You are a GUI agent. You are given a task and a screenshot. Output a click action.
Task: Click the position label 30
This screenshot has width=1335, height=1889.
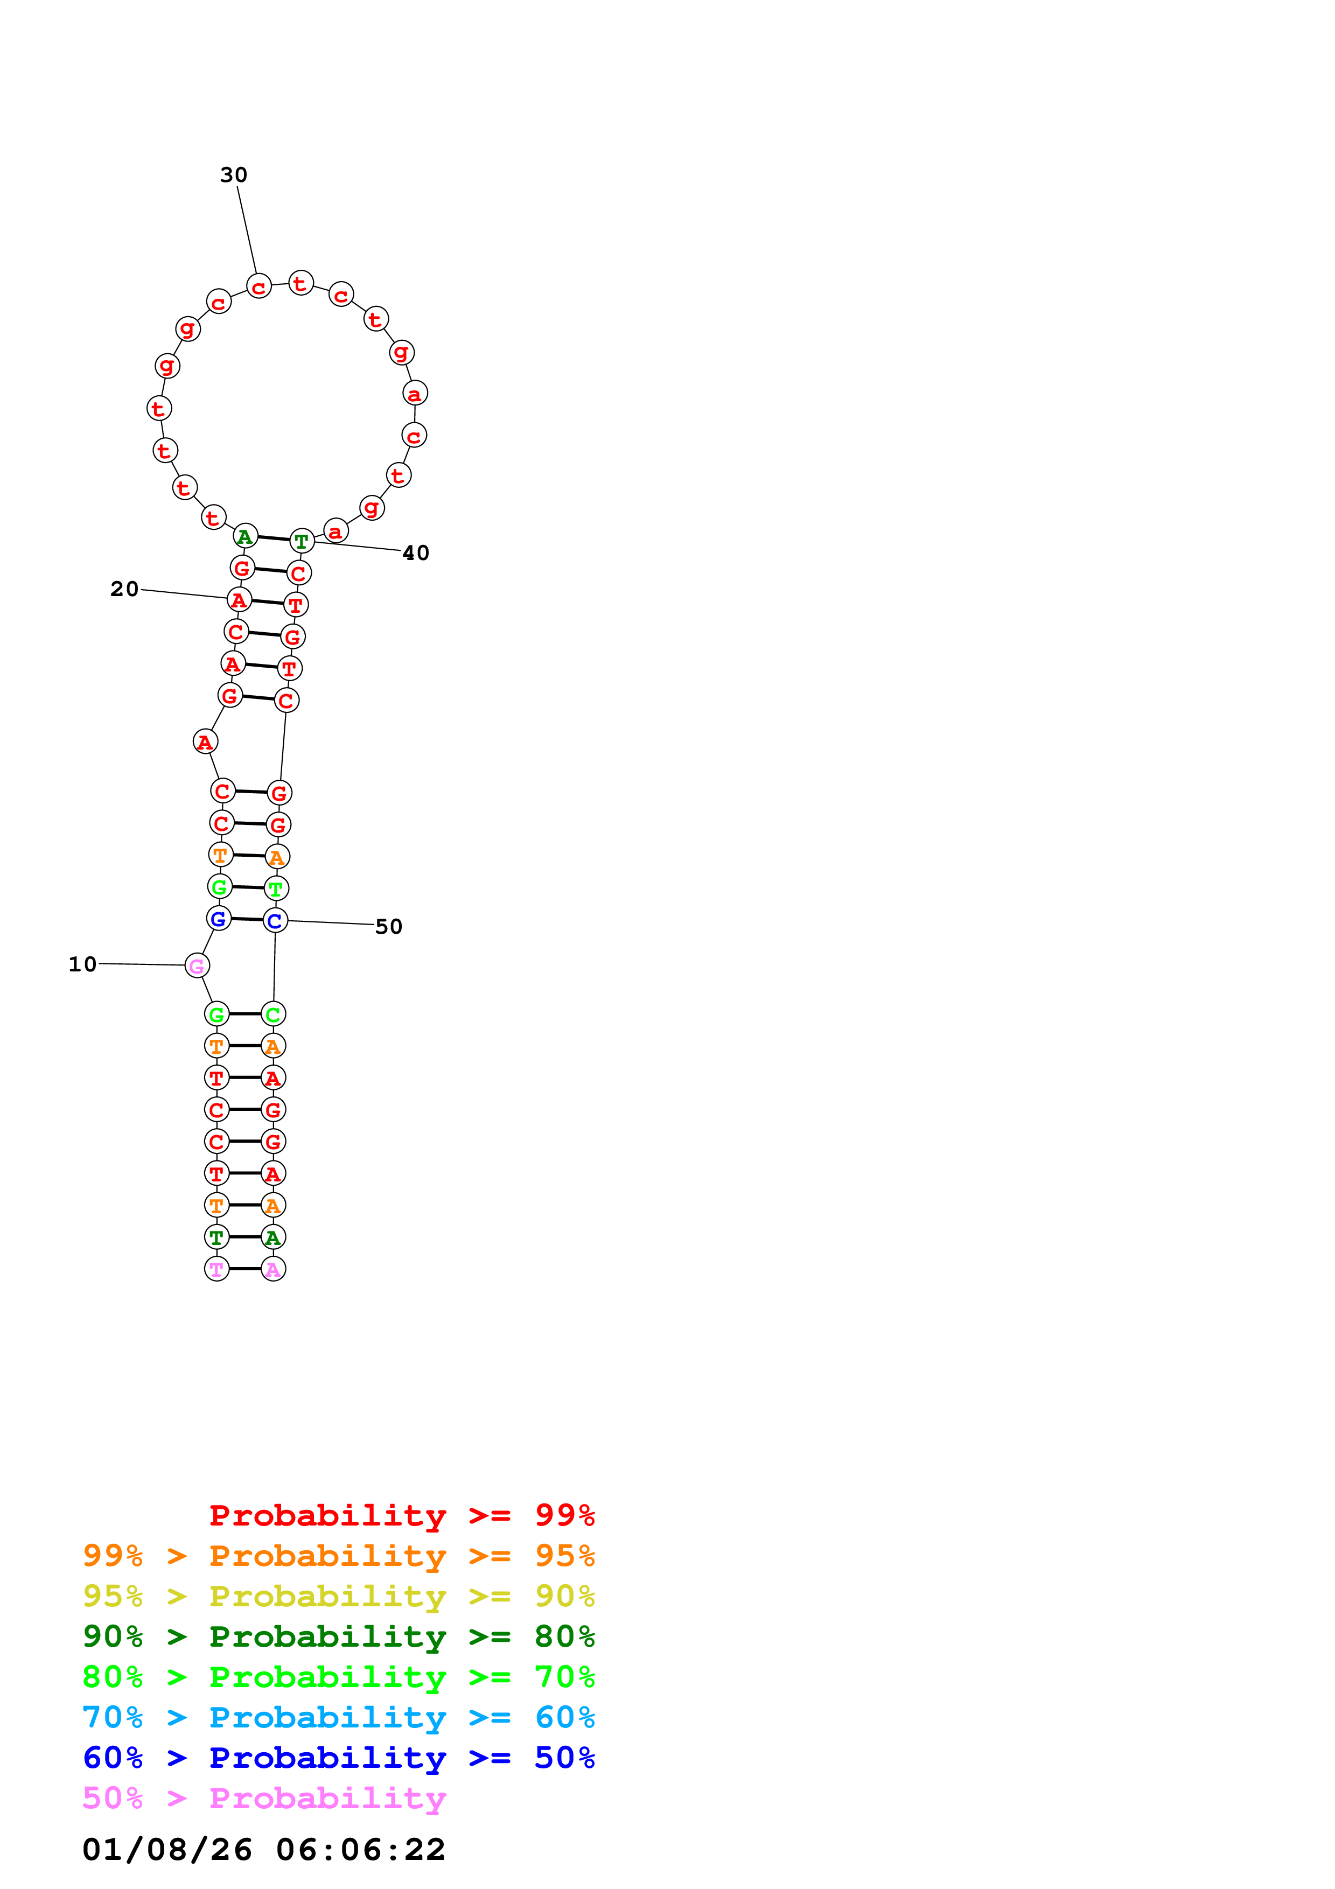click(234, 174)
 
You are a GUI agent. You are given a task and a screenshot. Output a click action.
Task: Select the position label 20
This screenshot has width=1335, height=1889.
click(124, 589)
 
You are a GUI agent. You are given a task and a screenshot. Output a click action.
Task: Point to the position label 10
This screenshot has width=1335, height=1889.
click(82, 964)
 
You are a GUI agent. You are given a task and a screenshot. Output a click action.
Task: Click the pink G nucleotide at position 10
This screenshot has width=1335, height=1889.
click(197, 966)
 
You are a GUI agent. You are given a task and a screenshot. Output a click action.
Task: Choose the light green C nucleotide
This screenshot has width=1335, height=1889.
click(273, 1015)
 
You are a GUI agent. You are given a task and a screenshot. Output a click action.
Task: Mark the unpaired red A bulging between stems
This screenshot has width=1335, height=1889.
click(205, 741)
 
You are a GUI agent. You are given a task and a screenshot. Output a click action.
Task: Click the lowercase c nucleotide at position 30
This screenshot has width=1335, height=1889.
click(259, 286)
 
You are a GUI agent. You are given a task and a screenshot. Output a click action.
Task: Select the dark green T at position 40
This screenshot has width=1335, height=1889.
click(302, 541)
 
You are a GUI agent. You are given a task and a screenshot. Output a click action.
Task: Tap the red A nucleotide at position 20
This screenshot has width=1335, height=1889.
click(239, 600)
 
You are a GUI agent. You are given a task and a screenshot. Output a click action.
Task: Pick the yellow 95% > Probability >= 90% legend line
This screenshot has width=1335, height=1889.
click(338, 1596)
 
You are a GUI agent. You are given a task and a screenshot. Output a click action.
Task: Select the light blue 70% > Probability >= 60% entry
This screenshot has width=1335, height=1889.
click(338, 1717)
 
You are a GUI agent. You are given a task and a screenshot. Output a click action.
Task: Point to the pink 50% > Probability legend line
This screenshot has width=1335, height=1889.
click(264, 1797)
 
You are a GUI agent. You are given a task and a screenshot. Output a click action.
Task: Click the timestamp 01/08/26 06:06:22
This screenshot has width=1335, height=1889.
click(263, 1849)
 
